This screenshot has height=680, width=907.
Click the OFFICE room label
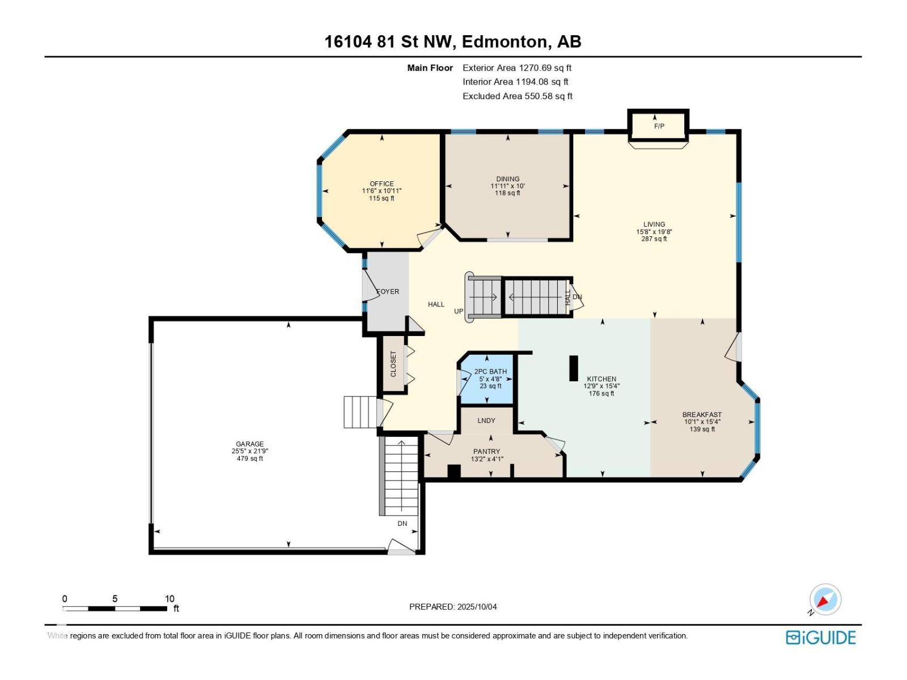tap(382, 184)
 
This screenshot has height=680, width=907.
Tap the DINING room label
tap(507, 178)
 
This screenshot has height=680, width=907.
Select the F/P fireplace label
tap(659, 126)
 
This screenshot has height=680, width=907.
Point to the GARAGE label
tap(249, 444)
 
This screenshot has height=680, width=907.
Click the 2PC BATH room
tap(487, 378)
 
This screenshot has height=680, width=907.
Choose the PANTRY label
tap(486, 452)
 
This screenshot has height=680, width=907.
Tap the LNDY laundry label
tap(486, 420)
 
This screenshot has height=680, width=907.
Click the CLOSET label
tap(393, 364)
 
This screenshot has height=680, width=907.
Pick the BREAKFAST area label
tap(702, 415)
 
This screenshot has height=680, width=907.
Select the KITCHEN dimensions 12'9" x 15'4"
tap(601, 386)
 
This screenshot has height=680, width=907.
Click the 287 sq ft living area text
tap(654, 239)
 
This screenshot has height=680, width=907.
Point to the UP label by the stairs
tap(459, 311)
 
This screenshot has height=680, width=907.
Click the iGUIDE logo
tap(820, 637)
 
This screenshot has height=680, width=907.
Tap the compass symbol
tap(825, 600)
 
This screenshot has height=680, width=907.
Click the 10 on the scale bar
tap(169, 598)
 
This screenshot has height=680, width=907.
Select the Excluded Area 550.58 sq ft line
tap(518, 96)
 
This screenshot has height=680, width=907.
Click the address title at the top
tap(453, 42)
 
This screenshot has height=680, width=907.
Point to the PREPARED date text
tap(453, 607)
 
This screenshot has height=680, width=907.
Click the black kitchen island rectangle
tap(574, 368)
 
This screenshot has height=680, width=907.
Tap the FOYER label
tap(388, 291)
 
